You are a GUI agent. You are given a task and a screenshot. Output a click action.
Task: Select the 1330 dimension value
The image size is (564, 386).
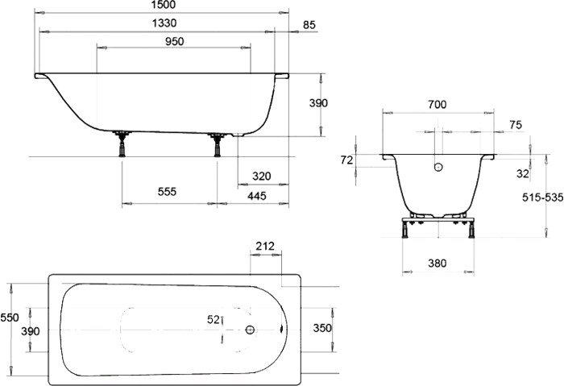(164, 23)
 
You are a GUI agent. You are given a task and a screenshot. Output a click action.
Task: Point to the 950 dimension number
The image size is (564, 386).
(175, 41)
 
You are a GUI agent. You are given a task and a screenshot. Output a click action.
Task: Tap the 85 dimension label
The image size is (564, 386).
(309, 25)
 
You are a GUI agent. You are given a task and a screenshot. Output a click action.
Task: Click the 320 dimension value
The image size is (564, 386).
(262, 176)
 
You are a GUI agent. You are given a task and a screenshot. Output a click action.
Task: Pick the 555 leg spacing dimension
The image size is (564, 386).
(168, 191)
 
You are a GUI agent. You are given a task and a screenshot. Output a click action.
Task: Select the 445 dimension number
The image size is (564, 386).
(257, 196)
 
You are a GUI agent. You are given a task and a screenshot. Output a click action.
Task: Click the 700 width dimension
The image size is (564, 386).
(438, 104)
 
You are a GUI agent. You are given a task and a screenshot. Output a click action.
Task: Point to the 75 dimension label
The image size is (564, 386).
(516, 125)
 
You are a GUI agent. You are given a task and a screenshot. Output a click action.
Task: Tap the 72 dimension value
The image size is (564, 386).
(346, 160)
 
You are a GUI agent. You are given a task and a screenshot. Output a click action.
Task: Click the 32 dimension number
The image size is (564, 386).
(523, 174)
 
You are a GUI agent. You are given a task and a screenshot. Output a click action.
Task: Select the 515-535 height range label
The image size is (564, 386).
(543, 197)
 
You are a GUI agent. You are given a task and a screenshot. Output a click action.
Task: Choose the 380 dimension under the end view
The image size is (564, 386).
(438, 264)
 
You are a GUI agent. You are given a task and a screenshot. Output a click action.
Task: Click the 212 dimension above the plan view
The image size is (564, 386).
(265, 246)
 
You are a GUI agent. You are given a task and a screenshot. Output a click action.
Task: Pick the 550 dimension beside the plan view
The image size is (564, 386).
(10, 318)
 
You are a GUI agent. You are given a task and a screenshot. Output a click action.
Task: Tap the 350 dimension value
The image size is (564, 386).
(322, 328)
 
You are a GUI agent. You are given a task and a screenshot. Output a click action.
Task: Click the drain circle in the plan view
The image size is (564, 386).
(250, 330)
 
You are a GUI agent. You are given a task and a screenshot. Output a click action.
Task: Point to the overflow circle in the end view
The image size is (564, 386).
(438, 167)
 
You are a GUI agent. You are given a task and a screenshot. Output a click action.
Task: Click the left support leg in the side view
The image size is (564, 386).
(122, 144)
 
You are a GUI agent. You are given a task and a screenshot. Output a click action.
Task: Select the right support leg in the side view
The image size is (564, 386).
(217, 145)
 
